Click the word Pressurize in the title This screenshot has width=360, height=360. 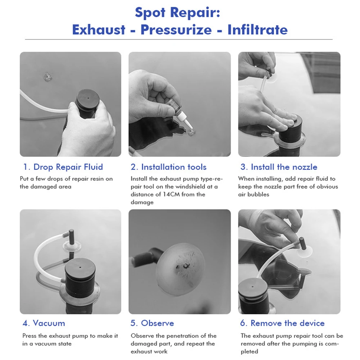point(176,30)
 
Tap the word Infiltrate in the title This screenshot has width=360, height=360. point(258,30)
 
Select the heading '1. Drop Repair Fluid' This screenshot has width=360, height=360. point(63,167)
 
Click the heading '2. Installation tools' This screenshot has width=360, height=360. point(169,167)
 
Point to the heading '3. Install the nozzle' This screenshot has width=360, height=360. point(279,167)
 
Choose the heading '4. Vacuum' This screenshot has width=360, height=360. point(44,323)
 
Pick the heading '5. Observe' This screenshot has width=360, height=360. point(152,323)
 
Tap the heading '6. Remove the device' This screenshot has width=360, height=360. point(282,323)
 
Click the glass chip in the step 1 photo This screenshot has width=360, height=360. point(47,77)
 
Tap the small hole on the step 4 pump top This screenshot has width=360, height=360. point(80,267)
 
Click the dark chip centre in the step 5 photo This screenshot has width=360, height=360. point(185,266)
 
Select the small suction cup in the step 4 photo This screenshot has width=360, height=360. point(72,247)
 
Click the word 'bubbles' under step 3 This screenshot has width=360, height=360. point(258,195)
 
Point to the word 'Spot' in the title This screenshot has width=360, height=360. point(150,12)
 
